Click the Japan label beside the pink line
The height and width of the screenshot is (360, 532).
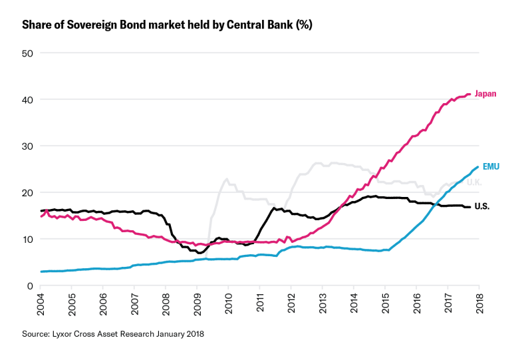[485, 94]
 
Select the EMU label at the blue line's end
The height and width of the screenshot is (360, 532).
[490, 166]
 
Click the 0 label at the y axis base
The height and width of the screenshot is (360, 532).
[29, 285]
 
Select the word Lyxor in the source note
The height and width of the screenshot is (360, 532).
[63, 333]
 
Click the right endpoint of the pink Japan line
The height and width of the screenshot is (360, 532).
[471, 94]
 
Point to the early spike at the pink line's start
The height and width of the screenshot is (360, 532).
[46, 210]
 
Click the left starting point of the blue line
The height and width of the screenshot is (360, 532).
[41, 271]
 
